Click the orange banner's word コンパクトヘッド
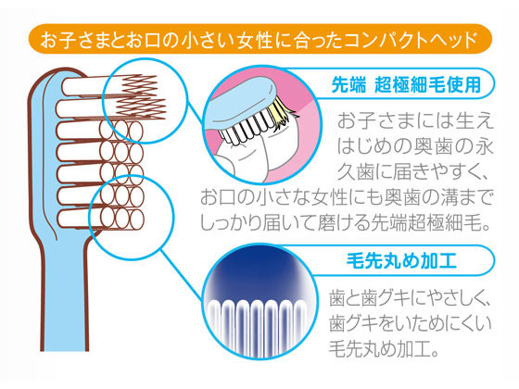[411, 40]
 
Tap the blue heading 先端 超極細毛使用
[406, 84]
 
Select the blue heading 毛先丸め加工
[401, 260]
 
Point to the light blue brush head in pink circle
[241, 103]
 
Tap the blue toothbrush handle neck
[65, 297]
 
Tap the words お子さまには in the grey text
[388, 121]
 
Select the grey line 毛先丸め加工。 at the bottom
[384, 348]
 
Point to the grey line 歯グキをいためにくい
[410, 323]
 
